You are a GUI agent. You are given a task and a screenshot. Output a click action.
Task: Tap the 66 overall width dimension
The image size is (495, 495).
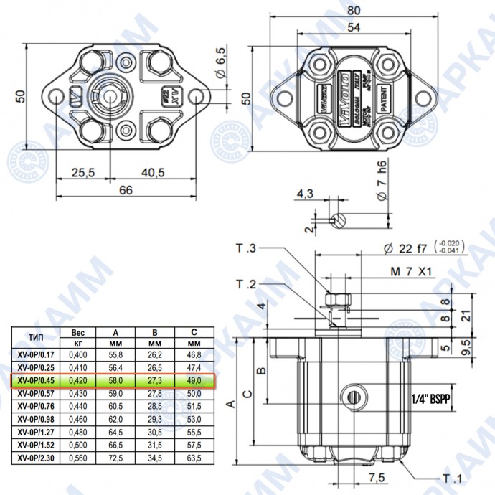tap(126, 189)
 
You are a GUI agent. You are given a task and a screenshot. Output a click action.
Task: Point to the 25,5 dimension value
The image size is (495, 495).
tap(83, 172)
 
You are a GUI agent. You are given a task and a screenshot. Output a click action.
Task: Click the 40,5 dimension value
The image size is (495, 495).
tap(154, 172)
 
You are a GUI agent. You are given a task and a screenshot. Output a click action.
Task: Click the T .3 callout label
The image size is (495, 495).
tap(246, 248)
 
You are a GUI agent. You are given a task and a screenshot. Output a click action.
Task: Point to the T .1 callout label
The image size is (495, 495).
tap(451, 478)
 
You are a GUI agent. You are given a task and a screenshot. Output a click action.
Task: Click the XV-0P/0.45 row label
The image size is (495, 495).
tap(39, 381)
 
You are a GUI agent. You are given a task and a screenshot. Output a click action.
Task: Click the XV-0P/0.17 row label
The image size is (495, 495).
tap(39, 354)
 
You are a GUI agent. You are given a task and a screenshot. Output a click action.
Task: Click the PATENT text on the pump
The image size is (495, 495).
tap(385, 98)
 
